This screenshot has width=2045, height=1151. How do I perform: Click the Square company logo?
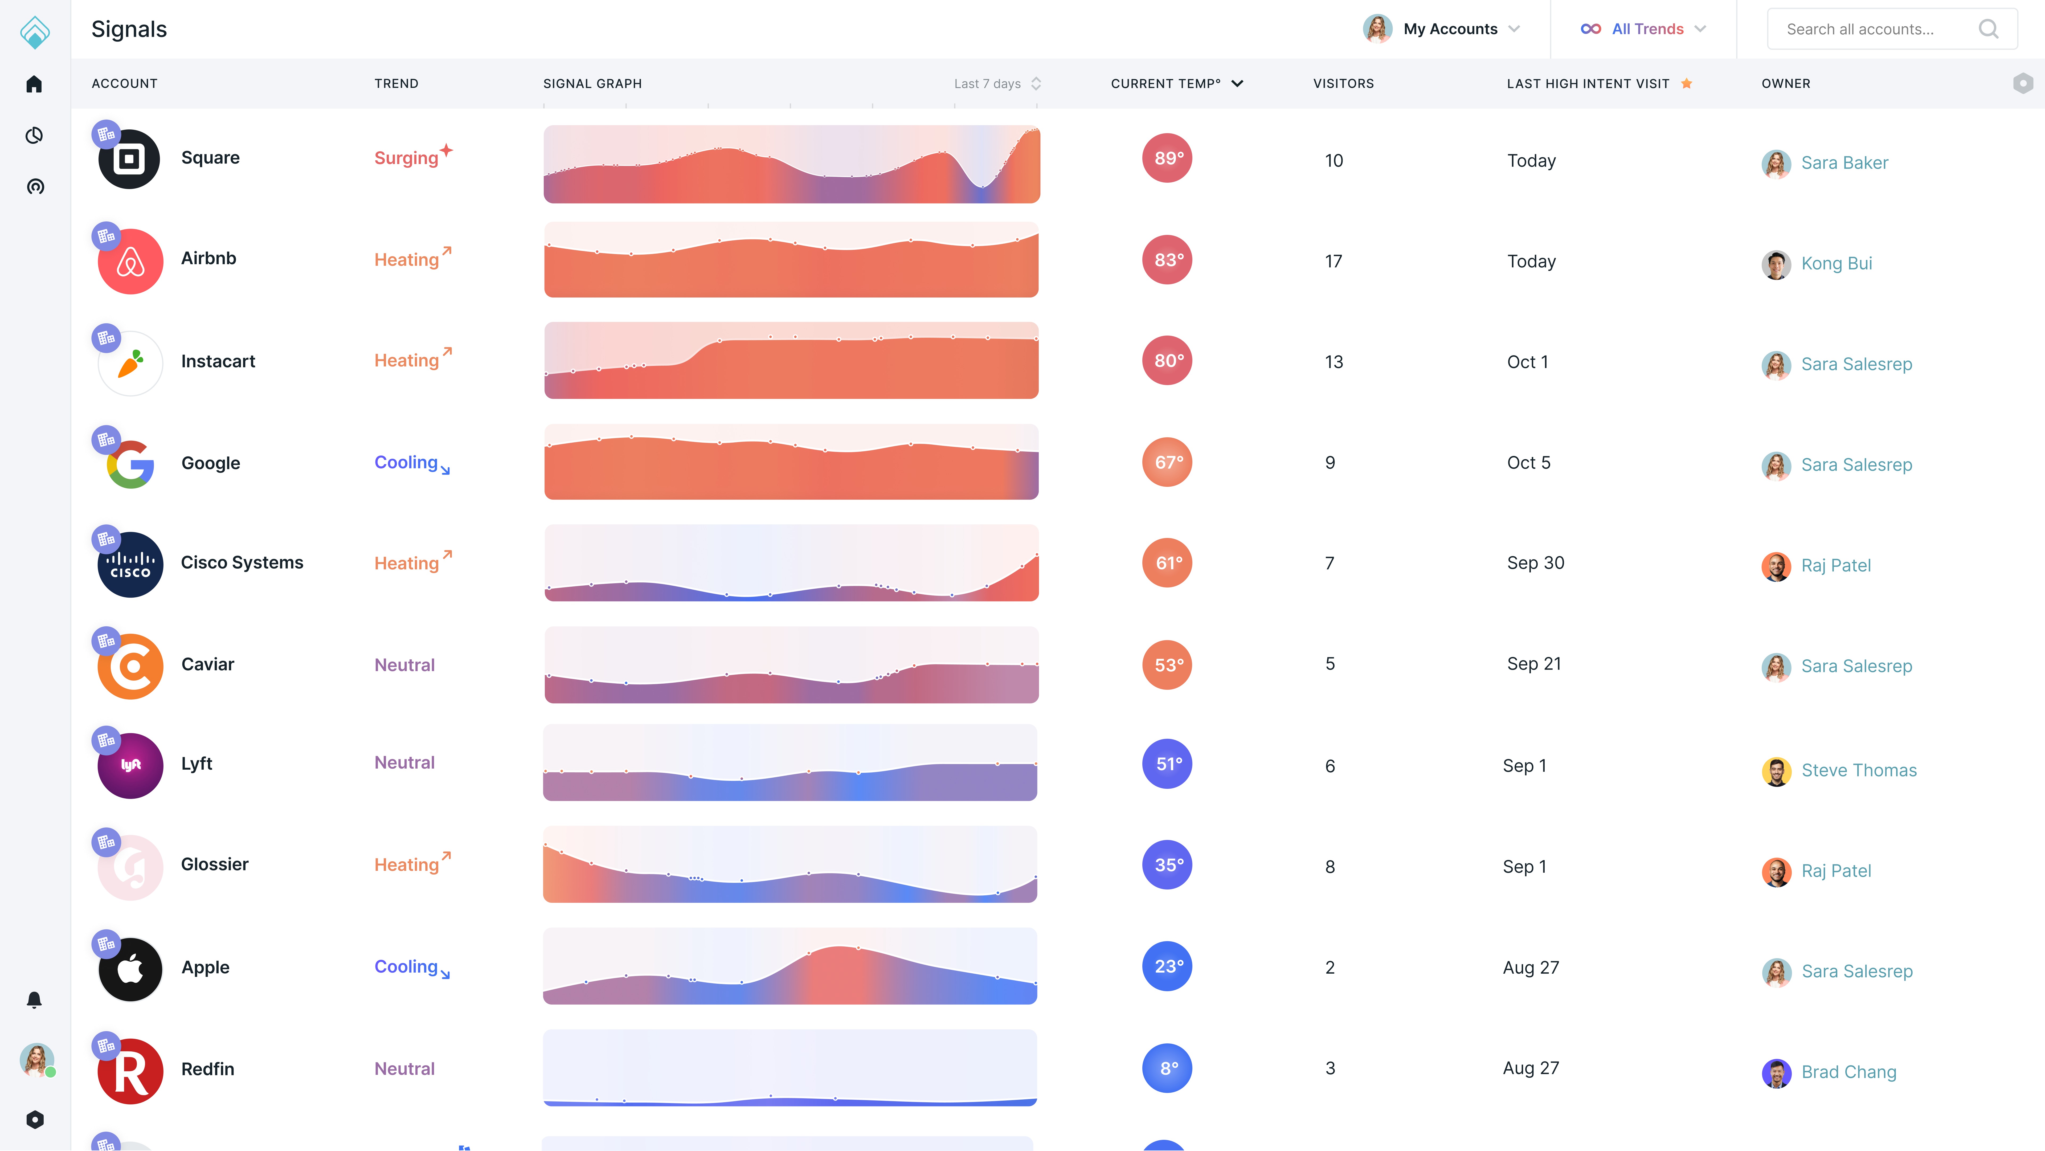coord(129,159)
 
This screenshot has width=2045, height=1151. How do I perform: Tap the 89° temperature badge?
coord(1167,158)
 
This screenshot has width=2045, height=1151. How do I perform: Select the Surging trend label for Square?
coord(406,158)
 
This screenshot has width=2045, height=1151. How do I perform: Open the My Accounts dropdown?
coord(1450,28)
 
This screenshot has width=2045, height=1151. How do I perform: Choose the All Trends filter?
coord(1646,28)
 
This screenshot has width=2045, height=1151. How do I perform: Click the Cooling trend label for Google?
coord(406,462)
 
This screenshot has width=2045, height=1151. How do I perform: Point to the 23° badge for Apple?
coord(1167,966)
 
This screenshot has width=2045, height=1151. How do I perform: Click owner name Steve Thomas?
coord(1858,770)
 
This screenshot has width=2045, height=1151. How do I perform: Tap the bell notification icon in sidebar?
coord(34,999)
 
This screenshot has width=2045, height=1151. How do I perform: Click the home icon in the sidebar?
coord(34,84)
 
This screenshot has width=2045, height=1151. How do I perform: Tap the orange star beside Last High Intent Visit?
coord(1686,83)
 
